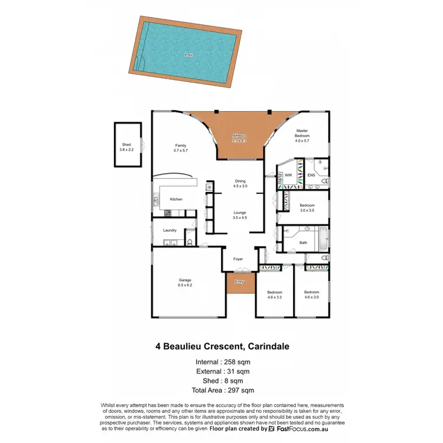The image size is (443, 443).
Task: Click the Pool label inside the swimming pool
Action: [x=188, y=54]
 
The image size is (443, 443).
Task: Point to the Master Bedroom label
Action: [x=302, y=135]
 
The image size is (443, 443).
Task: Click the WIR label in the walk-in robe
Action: [x=288, y=175]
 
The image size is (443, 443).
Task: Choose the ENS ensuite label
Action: [x=311, y=175]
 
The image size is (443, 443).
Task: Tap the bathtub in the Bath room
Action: [x=323, y=239]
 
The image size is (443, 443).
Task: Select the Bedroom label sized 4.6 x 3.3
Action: [x=275, y=295]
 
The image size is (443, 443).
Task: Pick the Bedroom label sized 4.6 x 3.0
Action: [x=311, y=295]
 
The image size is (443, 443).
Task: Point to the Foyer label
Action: [x=238, y=259]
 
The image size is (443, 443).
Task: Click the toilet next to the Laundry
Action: [x=188, y=241]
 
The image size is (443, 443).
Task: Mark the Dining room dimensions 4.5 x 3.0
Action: [x=240, y=186]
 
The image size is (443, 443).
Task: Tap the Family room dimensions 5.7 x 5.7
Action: [x=181, y=151]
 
